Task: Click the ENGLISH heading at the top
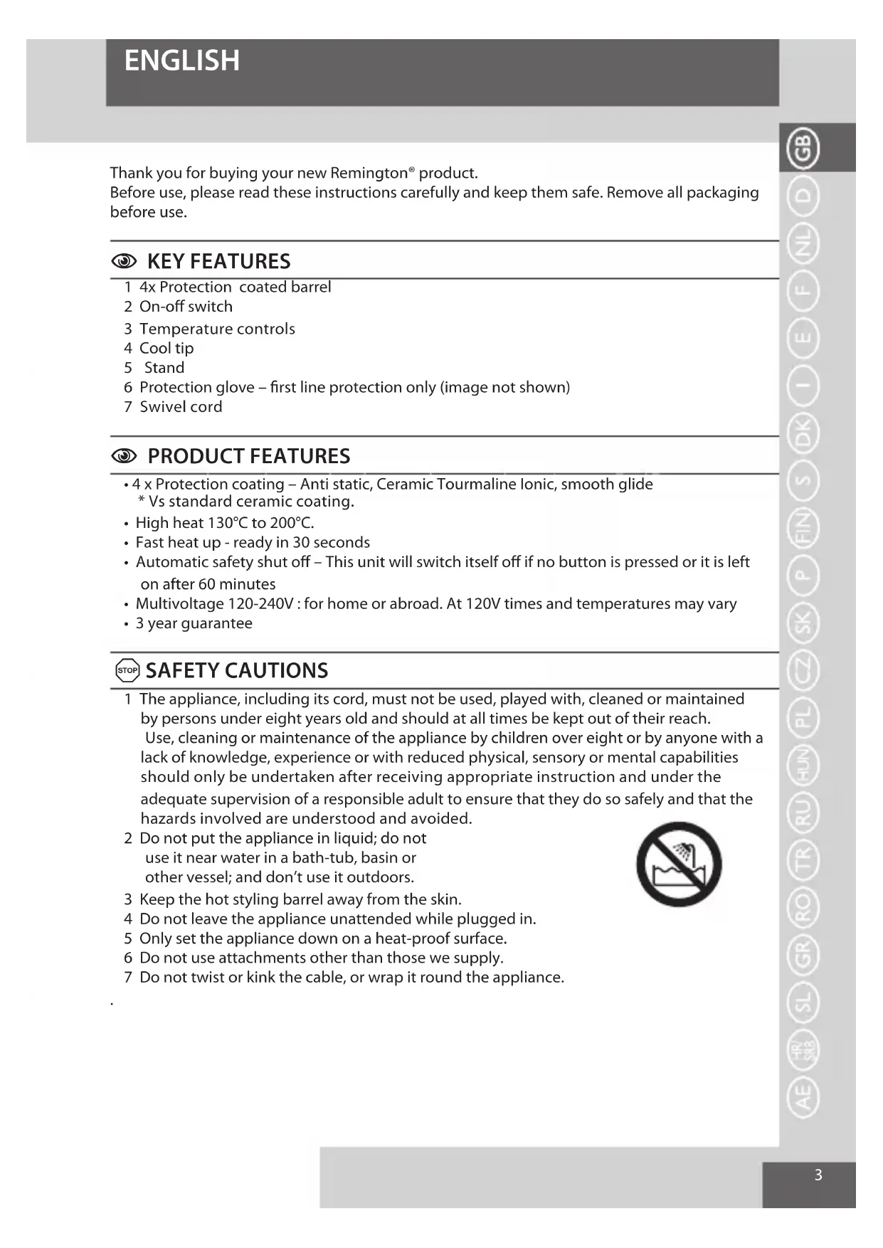tap(181, 61)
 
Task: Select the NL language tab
tap(803, 243)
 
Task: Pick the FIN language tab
tap(803, 529)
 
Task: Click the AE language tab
tap(803, 1096)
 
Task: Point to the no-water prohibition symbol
tap(679, 864)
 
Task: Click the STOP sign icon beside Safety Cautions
tap(127, 670)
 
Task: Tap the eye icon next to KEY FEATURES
tap(124, 262)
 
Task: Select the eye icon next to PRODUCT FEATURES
tap(124, 456)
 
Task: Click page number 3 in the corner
tap(818, 1175)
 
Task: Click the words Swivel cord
tap(181, 407)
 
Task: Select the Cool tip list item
tap(166, 349)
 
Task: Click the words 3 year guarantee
tap(194, 623)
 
